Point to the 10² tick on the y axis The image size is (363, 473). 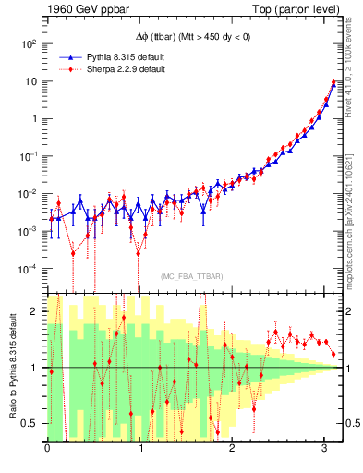point(29,43)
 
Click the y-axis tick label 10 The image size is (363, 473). point(30,81)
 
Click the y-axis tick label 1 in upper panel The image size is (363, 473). point(33,119)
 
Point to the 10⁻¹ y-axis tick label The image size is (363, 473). point(29,156)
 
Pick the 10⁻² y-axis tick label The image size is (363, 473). point(29,194)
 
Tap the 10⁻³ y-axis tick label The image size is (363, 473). point(29,231)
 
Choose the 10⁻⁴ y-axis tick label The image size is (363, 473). point(29,269)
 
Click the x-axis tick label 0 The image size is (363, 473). point(47,448)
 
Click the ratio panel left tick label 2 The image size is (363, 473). point(34,311)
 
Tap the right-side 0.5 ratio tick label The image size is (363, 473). point(353,423)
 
